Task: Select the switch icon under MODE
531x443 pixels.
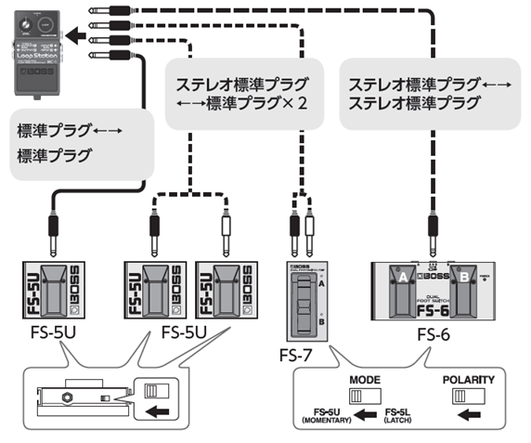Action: coord(367,397)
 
